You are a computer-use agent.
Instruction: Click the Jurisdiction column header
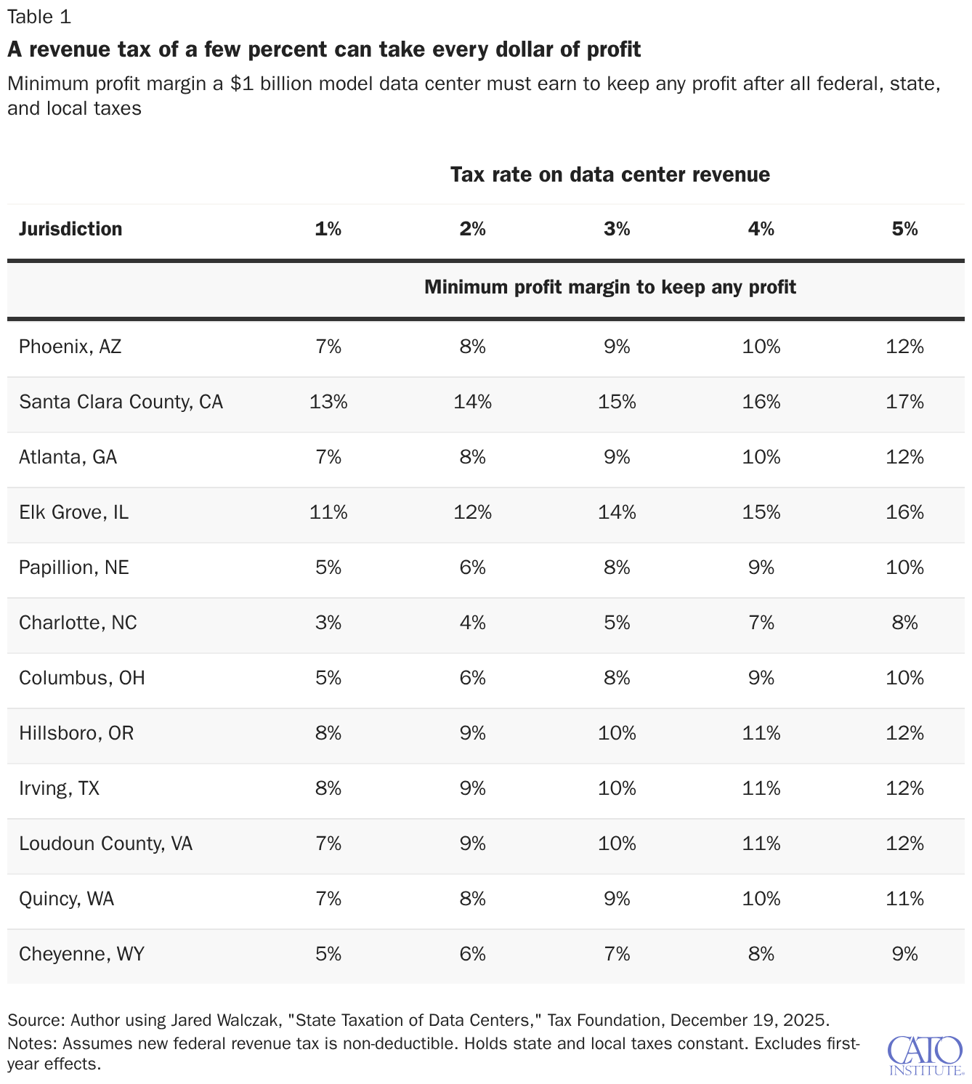coord(70,229)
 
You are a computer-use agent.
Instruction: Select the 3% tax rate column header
coord(617,229)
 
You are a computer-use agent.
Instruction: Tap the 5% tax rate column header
coord(904,229)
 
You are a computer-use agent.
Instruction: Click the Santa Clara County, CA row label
coord(121,402)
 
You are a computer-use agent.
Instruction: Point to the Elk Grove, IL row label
coord(74,512)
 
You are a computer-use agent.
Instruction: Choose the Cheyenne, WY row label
coord(82,954)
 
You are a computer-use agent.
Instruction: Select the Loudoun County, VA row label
coord(105,844)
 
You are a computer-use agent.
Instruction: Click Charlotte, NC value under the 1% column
coord(328,623)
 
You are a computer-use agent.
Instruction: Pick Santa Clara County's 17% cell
coord(904,402)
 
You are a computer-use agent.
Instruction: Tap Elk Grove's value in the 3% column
coord(617,512)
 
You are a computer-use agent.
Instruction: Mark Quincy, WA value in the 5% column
coord(904,898)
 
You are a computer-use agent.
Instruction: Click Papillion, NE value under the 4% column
coord(761,567)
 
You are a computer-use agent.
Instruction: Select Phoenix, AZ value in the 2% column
coord(472,347)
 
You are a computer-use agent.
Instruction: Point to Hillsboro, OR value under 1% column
coord(328,733)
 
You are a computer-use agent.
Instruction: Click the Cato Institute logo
coord(926,1056)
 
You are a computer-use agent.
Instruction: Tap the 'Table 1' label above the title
coord(39,17)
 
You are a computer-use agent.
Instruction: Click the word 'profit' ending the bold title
coord(614,49)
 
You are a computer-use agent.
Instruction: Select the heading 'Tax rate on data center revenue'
coord(609,174)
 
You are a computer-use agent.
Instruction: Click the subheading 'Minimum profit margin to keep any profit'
coord(609,287)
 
